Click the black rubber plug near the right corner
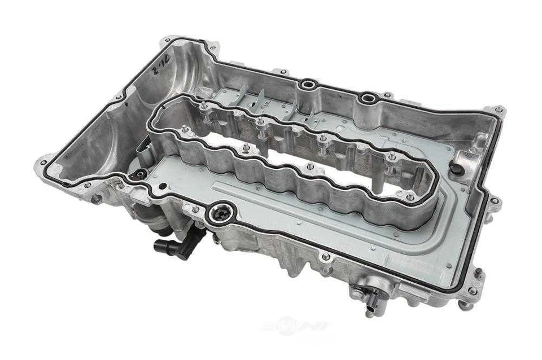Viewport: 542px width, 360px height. [x=457, y=169]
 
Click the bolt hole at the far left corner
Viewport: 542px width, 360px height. [x=43, y=163]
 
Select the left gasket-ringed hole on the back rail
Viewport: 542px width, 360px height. [x=308, y=85]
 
